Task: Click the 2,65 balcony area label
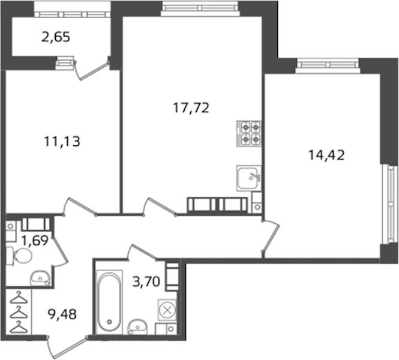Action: click(x=55, y=37)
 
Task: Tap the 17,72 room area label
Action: click(x=191, y=108)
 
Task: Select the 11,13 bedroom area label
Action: click(x=62, y=141)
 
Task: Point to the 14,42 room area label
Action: click(x=326, y=155)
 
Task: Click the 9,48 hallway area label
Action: click(x=62, y=314)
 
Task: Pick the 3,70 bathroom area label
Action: click(x=146, y=282)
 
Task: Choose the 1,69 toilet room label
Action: click(x=35, y=241)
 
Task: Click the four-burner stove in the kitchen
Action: click(x=249, y=133)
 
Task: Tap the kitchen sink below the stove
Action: click(x=249, y=178)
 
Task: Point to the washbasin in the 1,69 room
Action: click(x=40, y=278)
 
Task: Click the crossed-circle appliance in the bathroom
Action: click(x=167, y=310)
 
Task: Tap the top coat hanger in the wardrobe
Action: click(x=19, y=298)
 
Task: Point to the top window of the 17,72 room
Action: click(x=200, y=8)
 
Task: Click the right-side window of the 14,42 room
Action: click(x=390, y=205)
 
